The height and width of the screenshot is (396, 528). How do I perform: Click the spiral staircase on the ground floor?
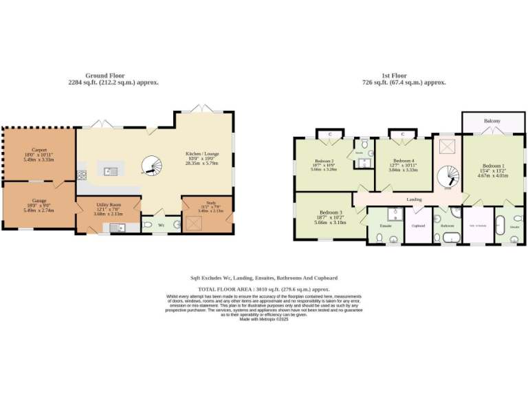(151, 166)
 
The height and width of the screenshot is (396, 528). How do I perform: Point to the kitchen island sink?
(110, 170)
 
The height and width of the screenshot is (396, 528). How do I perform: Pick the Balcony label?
(492, 121)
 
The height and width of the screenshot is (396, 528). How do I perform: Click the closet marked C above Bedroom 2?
(330, 133)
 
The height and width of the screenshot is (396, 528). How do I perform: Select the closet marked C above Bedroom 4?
(402, 133)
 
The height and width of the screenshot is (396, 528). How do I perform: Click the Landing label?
(414, 199)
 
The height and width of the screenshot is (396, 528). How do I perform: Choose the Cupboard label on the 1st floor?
(418, 225)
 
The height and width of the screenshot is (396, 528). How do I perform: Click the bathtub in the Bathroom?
(451, 238)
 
